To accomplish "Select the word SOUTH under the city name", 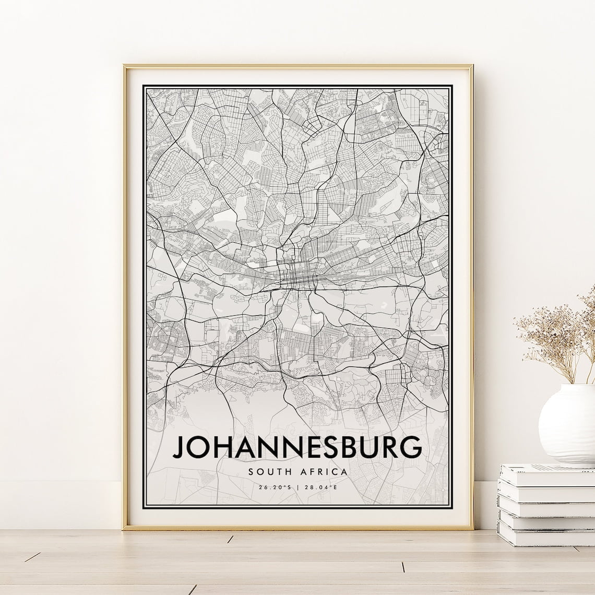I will coord(268,472).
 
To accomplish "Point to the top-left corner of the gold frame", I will coord(125,65).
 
